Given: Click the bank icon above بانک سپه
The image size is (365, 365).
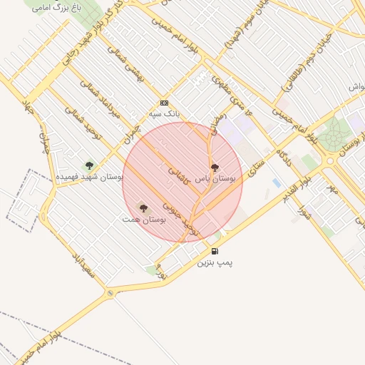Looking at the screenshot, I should point(165,103).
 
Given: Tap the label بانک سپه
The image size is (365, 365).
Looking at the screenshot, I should point(165,114).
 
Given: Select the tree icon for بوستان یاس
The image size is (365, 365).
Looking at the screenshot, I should point(215,168).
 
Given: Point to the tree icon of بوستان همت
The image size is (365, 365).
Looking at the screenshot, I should point(143,208).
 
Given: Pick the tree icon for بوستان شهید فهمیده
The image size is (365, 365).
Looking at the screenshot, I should point(89,165).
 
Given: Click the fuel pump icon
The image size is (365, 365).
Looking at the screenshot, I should point(215,252).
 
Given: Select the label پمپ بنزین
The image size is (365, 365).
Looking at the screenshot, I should point(215,263).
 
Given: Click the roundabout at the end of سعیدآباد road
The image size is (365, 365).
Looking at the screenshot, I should point(110,293).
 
